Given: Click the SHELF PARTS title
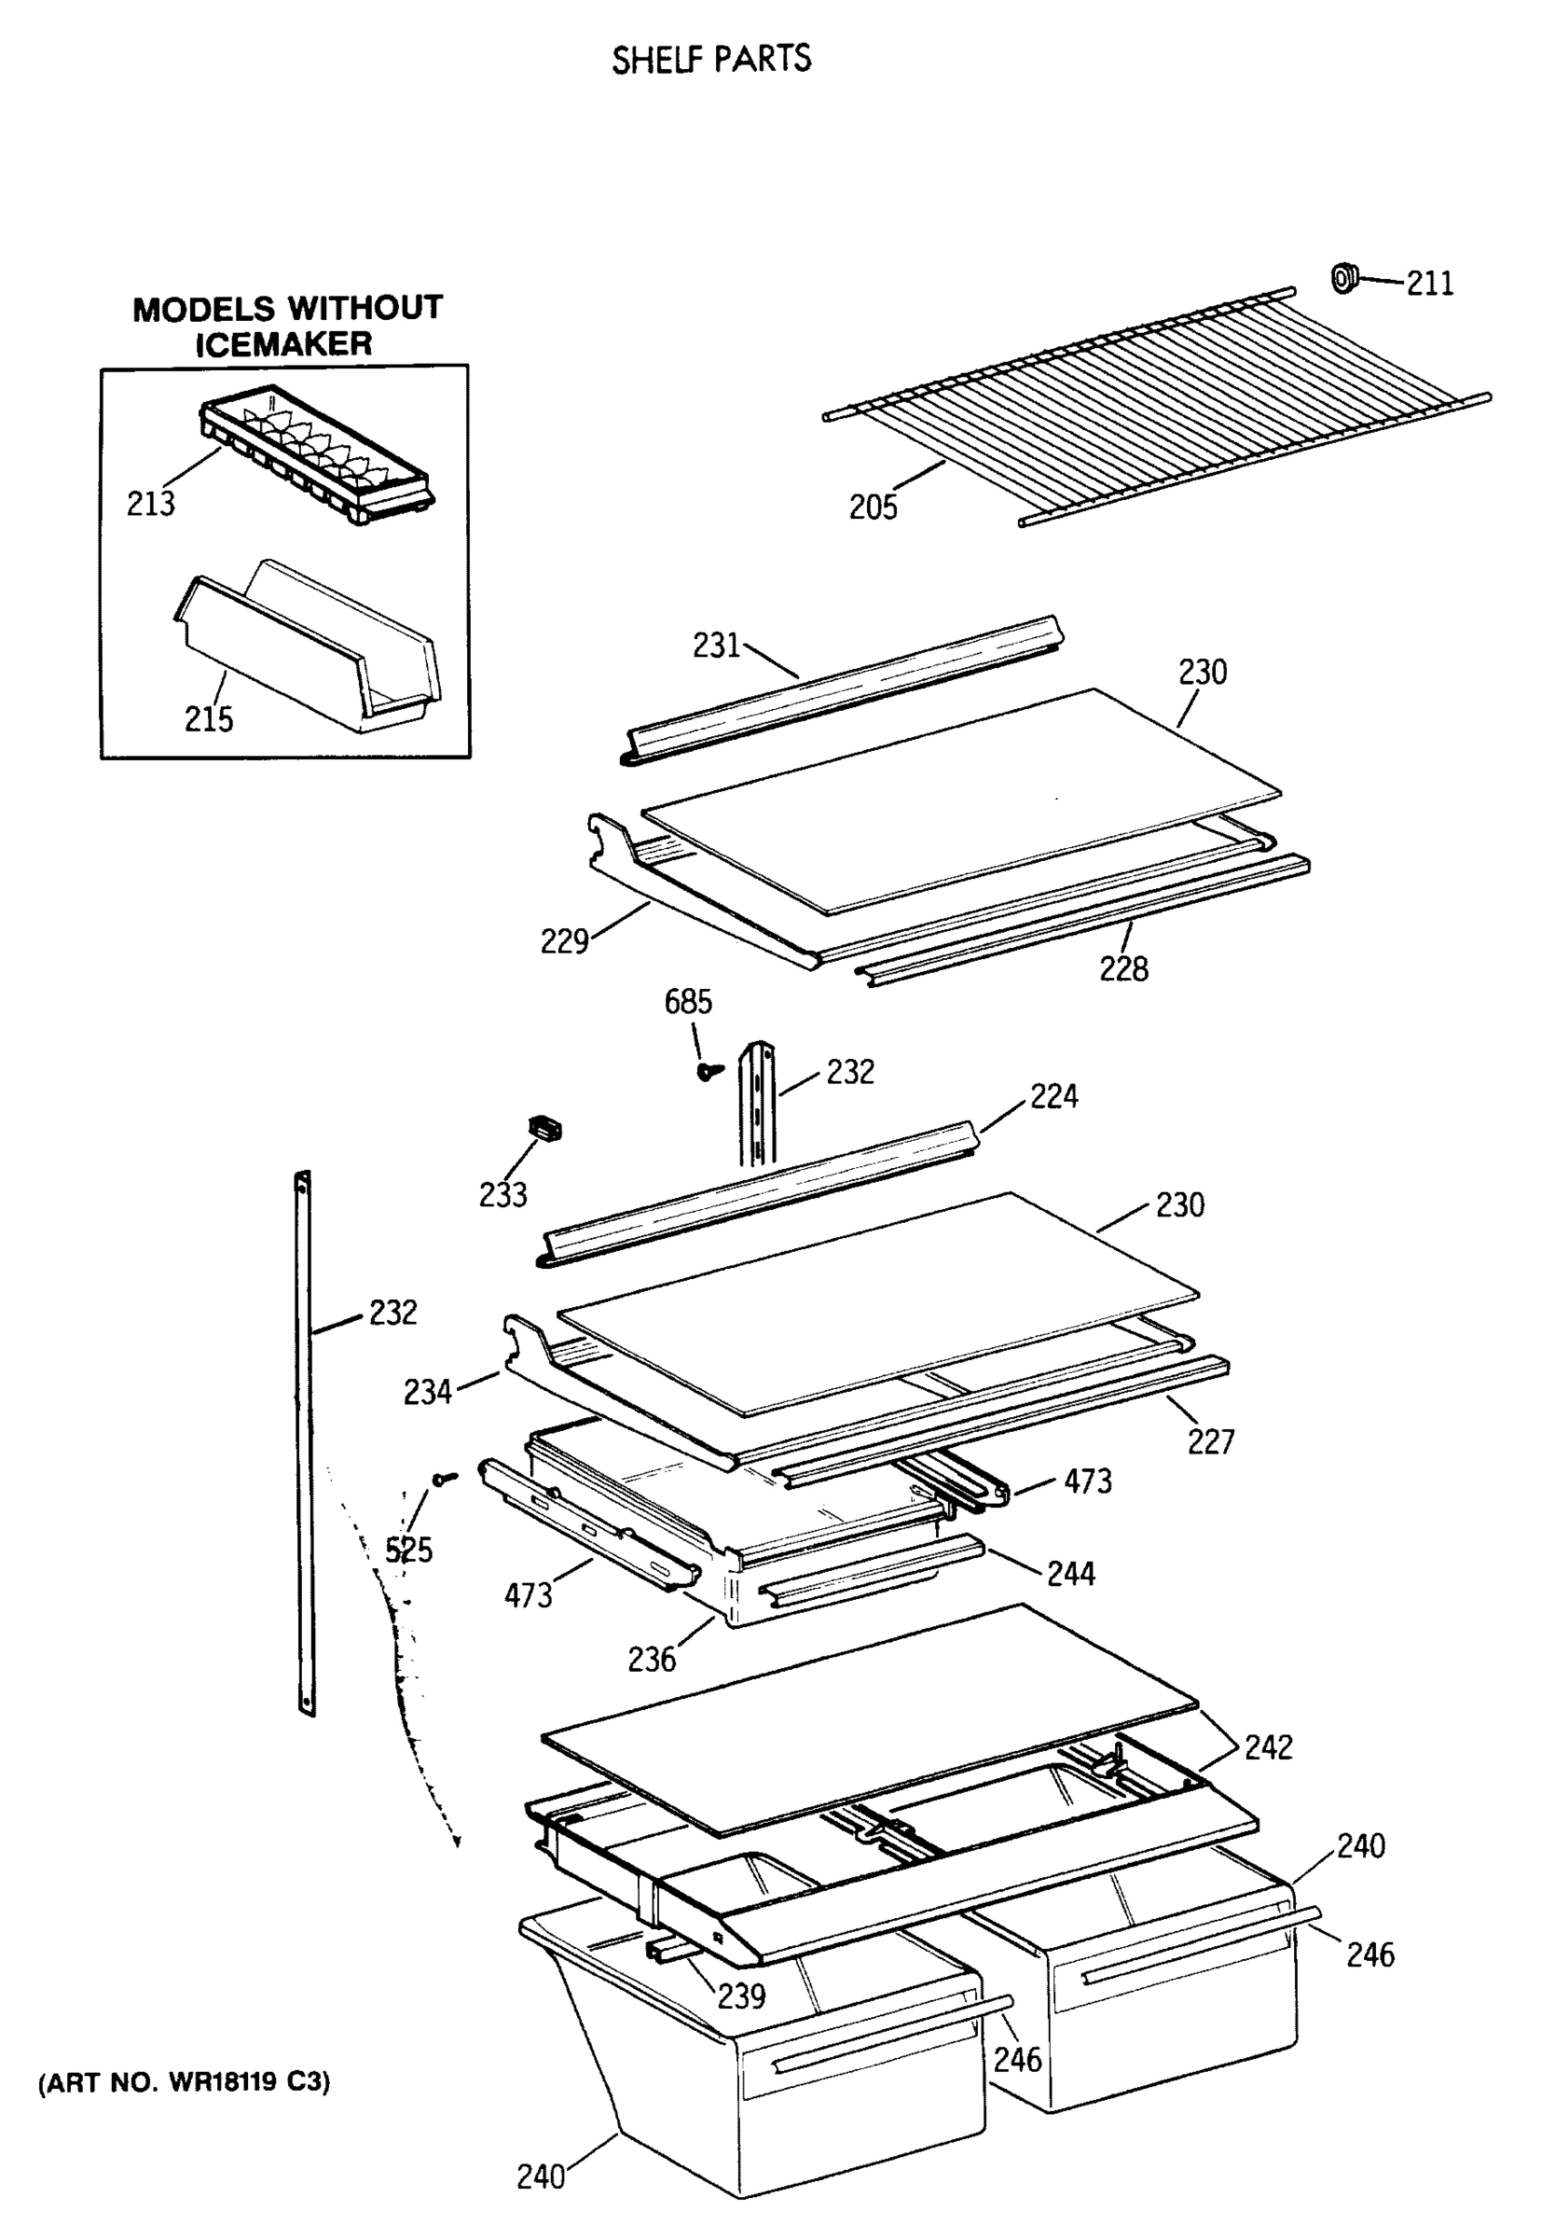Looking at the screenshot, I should click(710, 60).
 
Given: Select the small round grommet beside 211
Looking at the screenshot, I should click(1344, 278).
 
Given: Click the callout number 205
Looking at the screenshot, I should click(872, 508).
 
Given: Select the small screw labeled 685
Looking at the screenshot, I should click(709, 1071).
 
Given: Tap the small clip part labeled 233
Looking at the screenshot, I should click(545, 1128).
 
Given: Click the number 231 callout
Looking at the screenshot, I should click(716, 646).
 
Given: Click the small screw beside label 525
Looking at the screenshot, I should click(447, 1479).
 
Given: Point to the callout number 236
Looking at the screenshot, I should click(651, 1659).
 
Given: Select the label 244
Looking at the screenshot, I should click(1071, 1573).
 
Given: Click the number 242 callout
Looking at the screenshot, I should click(1268, 1747).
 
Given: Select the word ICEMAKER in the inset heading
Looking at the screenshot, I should click(283, 344).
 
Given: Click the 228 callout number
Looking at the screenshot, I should click(1123, 969).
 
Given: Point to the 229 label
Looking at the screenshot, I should click(564, 941).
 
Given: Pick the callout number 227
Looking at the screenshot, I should click(1210, 1440).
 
